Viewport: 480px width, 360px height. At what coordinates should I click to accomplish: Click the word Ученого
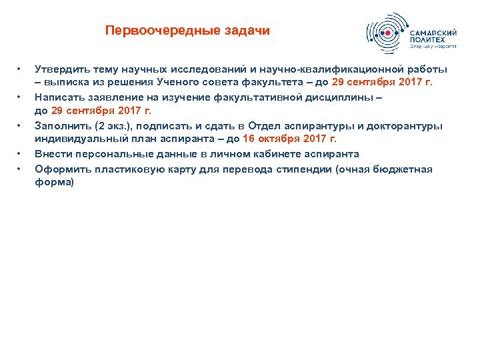[x=180, y=83]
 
